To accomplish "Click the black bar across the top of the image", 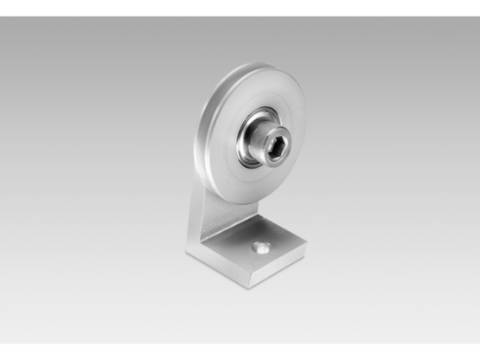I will pyautogui.click(x=240, y=7).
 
